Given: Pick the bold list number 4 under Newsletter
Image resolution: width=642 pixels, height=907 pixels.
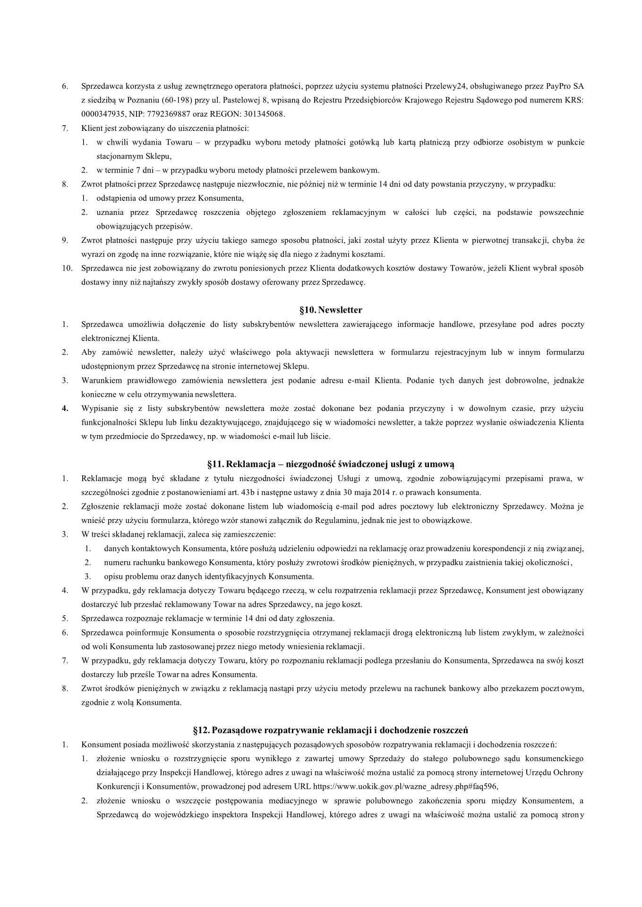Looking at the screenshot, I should point(65,409).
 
